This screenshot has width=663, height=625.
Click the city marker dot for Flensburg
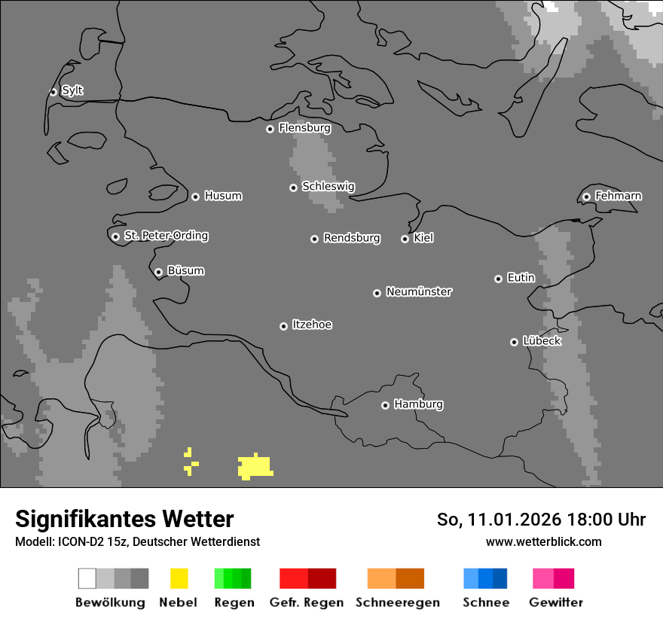coord(270,129)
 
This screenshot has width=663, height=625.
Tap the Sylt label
coord(72,90)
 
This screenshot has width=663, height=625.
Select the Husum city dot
coord(195,197)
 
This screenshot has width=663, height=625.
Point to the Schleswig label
coord(328,186)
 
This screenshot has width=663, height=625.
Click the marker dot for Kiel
coord(405,239)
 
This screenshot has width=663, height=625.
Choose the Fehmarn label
coord(618,196)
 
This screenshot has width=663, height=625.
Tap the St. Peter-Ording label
coord(166,236)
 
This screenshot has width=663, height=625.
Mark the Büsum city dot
coord(158,272)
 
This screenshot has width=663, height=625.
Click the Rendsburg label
coord(352,238)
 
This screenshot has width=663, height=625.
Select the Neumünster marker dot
coord(377,293)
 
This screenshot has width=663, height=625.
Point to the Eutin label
coord(521,278)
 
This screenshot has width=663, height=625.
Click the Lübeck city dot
coord(514,342)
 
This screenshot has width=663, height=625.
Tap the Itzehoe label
coord(312,325)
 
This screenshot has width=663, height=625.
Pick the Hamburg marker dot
coord(385,405)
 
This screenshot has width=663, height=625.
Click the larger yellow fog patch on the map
coord(255,467)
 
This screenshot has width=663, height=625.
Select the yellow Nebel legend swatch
coord(179,578)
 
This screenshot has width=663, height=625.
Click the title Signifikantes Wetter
coord(124,519)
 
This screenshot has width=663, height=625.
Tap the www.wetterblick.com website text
coord(543,541)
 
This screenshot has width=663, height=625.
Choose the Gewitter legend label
coord(556,602)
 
